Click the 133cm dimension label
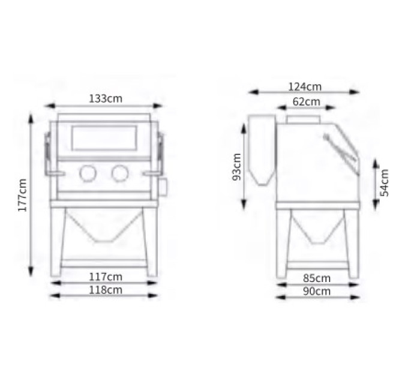point(106,99)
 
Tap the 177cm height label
point(23,195)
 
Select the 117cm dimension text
point(106,277)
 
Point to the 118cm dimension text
point(106,290)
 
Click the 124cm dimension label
point(305,86)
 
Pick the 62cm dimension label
point(306,101)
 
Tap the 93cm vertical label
point(237,167)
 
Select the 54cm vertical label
point(385,182)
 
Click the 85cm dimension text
point(317,278)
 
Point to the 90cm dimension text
point(317,292)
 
